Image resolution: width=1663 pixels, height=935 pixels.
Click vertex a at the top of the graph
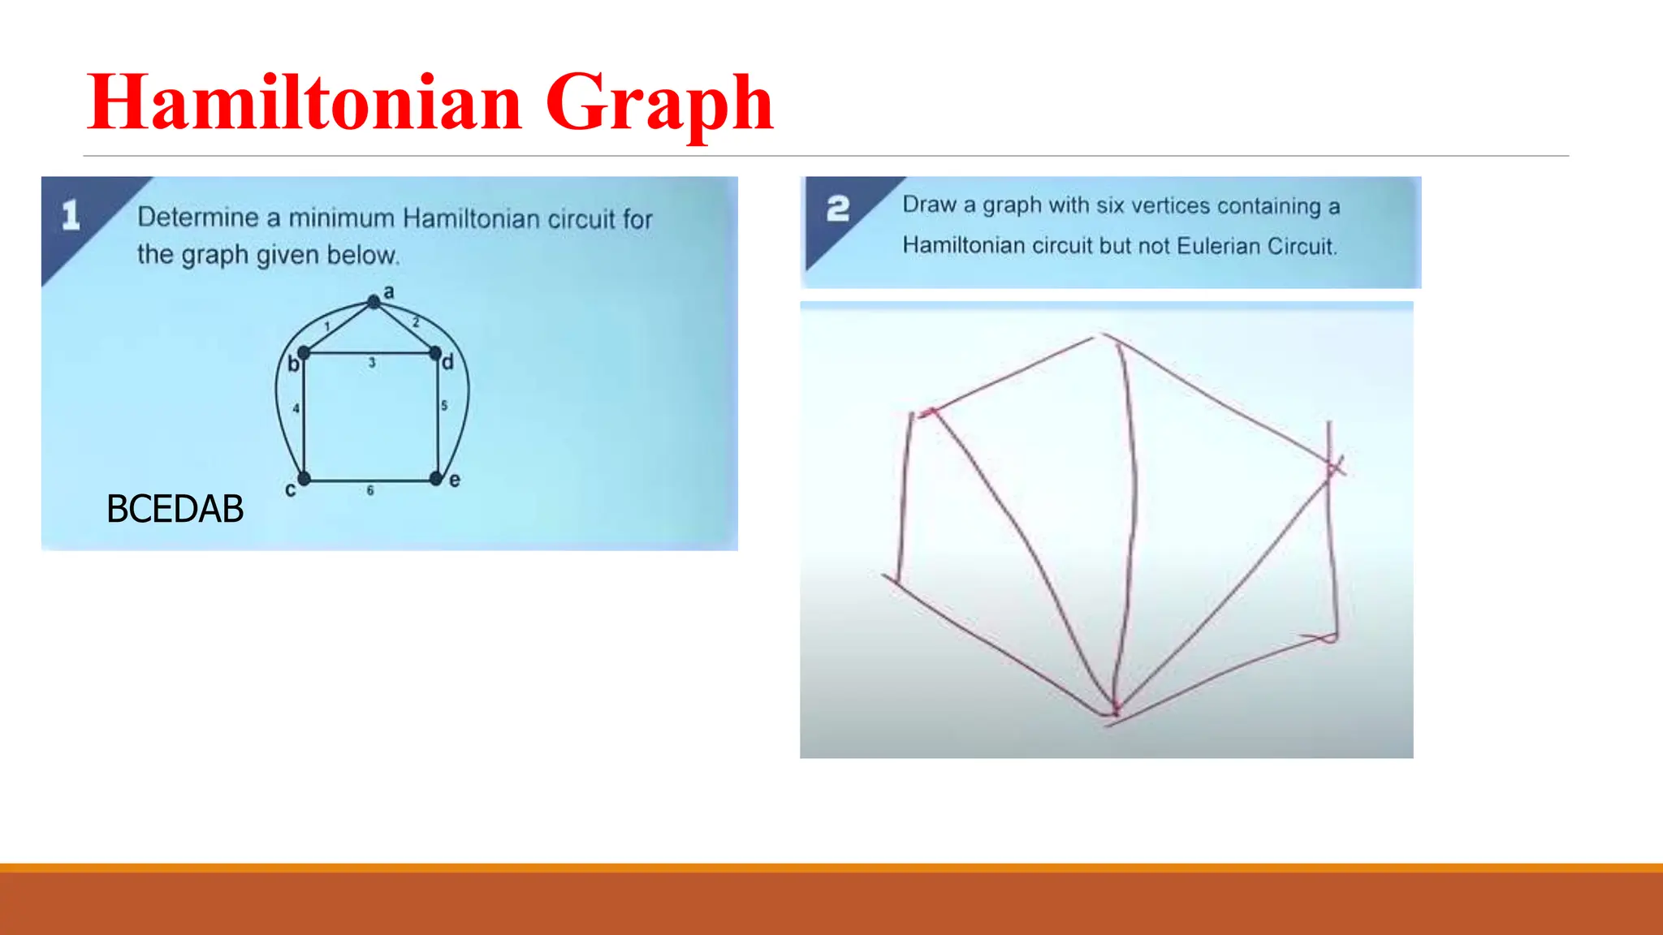click(374, 302)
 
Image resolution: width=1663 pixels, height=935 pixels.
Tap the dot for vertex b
click(304, 353)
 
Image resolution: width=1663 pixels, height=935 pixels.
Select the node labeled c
click(304, 479)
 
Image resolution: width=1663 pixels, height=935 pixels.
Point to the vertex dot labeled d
click(435, 353)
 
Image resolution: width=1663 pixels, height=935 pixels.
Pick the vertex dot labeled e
click(436, 479)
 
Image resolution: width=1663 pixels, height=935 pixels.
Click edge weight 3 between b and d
click(372, 363)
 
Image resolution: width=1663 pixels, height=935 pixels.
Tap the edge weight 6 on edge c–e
click(370, 490)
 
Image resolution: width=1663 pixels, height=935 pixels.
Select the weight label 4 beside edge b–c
click(296, 408)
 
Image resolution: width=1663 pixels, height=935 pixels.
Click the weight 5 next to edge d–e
click(444, 405)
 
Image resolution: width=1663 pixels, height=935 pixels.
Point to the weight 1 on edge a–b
click(327, 326)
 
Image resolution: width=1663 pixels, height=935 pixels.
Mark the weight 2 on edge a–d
click(416, 322)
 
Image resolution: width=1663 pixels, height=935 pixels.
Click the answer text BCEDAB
click(175, 510)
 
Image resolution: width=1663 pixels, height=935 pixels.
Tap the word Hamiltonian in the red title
click(305, 103)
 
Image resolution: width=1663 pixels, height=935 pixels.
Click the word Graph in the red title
click(659, 103)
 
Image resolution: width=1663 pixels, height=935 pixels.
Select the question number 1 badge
click(71, 215)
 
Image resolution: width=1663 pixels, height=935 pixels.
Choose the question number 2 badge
click(838, 209)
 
